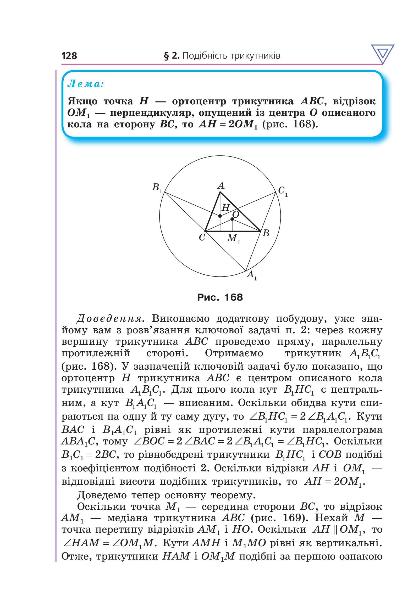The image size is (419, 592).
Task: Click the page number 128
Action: coord(69,56)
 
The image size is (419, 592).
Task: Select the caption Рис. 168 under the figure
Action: coord(220,297)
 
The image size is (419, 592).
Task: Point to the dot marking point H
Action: coord(220,216)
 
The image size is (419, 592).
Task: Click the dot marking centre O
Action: coord(232,219)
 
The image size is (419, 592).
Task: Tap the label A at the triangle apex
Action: coord(221,186)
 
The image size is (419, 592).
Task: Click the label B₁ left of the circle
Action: coord(157,188)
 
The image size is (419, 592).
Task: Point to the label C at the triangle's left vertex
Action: coord(202,238)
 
